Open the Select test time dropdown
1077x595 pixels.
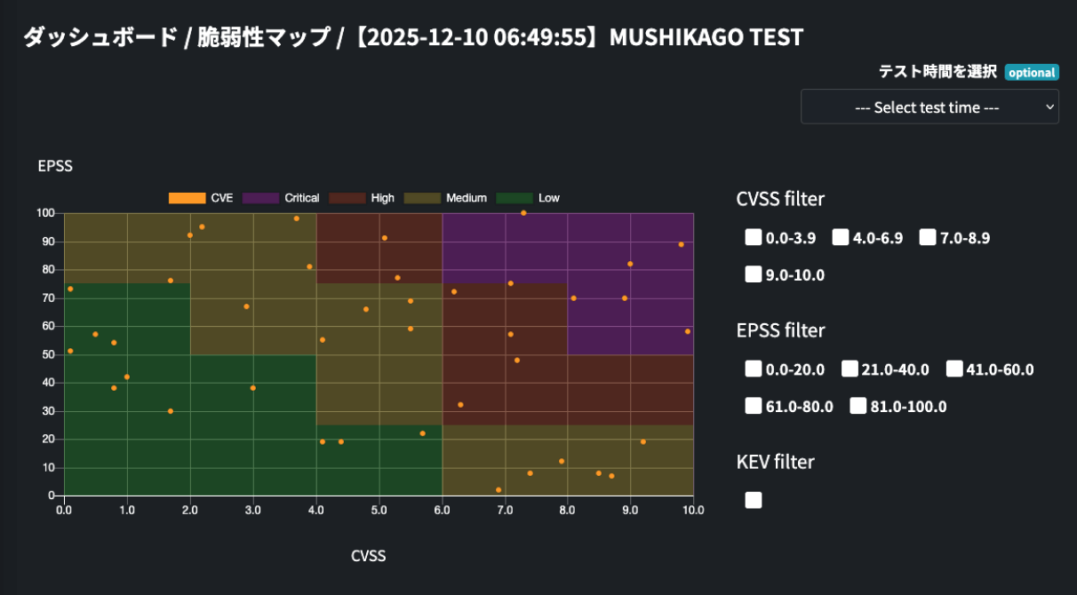pyautogui.click(x=929, y=107)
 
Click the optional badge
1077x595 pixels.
pyautogui.click(x=1032, y=73)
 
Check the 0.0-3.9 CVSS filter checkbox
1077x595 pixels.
pyautogui.click(x=754, y=237)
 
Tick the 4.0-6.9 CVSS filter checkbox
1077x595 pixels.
pyautogui.click(x=841, y=237)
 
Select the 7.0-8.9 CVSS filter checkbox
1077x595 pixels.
pyautogui.click(x=928, y=237)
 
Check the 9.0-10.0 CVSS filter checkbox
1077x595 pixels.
pyautogui.click(x=754, y=274)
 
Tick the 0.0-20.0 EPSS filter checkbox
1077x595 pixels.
pyautogui.click(x=754, y=369)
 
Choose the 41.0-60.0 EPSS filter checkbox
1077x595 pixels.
pyautogui.click(x=954, y=369)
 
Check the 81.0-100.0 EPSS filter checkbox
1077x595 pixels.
pyautogui.click(x=858, y=406)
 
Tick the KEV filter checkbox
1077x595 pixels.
pyautogui.click(x=754, y=500)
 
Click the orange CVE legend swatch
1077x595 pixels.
pyautogui.click(x=187, y=198)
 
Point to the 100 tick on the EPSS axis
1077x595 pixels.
pyautogui.click(x=45, y=213)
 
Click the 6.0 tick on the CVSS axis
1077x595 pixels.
pyautogui.click(x=443, y=511)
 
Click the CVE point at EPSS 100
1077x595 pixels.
pyautogui.click(x=523, y=213)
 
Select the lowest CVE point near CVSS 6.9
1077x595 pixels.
pyautogui.click(x=499, y=489)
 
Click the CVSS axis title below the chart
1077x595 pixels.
pyautogui.click(x=369, y=556)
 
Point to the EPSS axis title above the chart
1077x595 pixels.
pyautogui.click(x=55, y=166)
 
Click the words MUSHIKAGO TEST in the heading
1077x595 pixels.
pyautogui.click(x=706, y=37)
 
